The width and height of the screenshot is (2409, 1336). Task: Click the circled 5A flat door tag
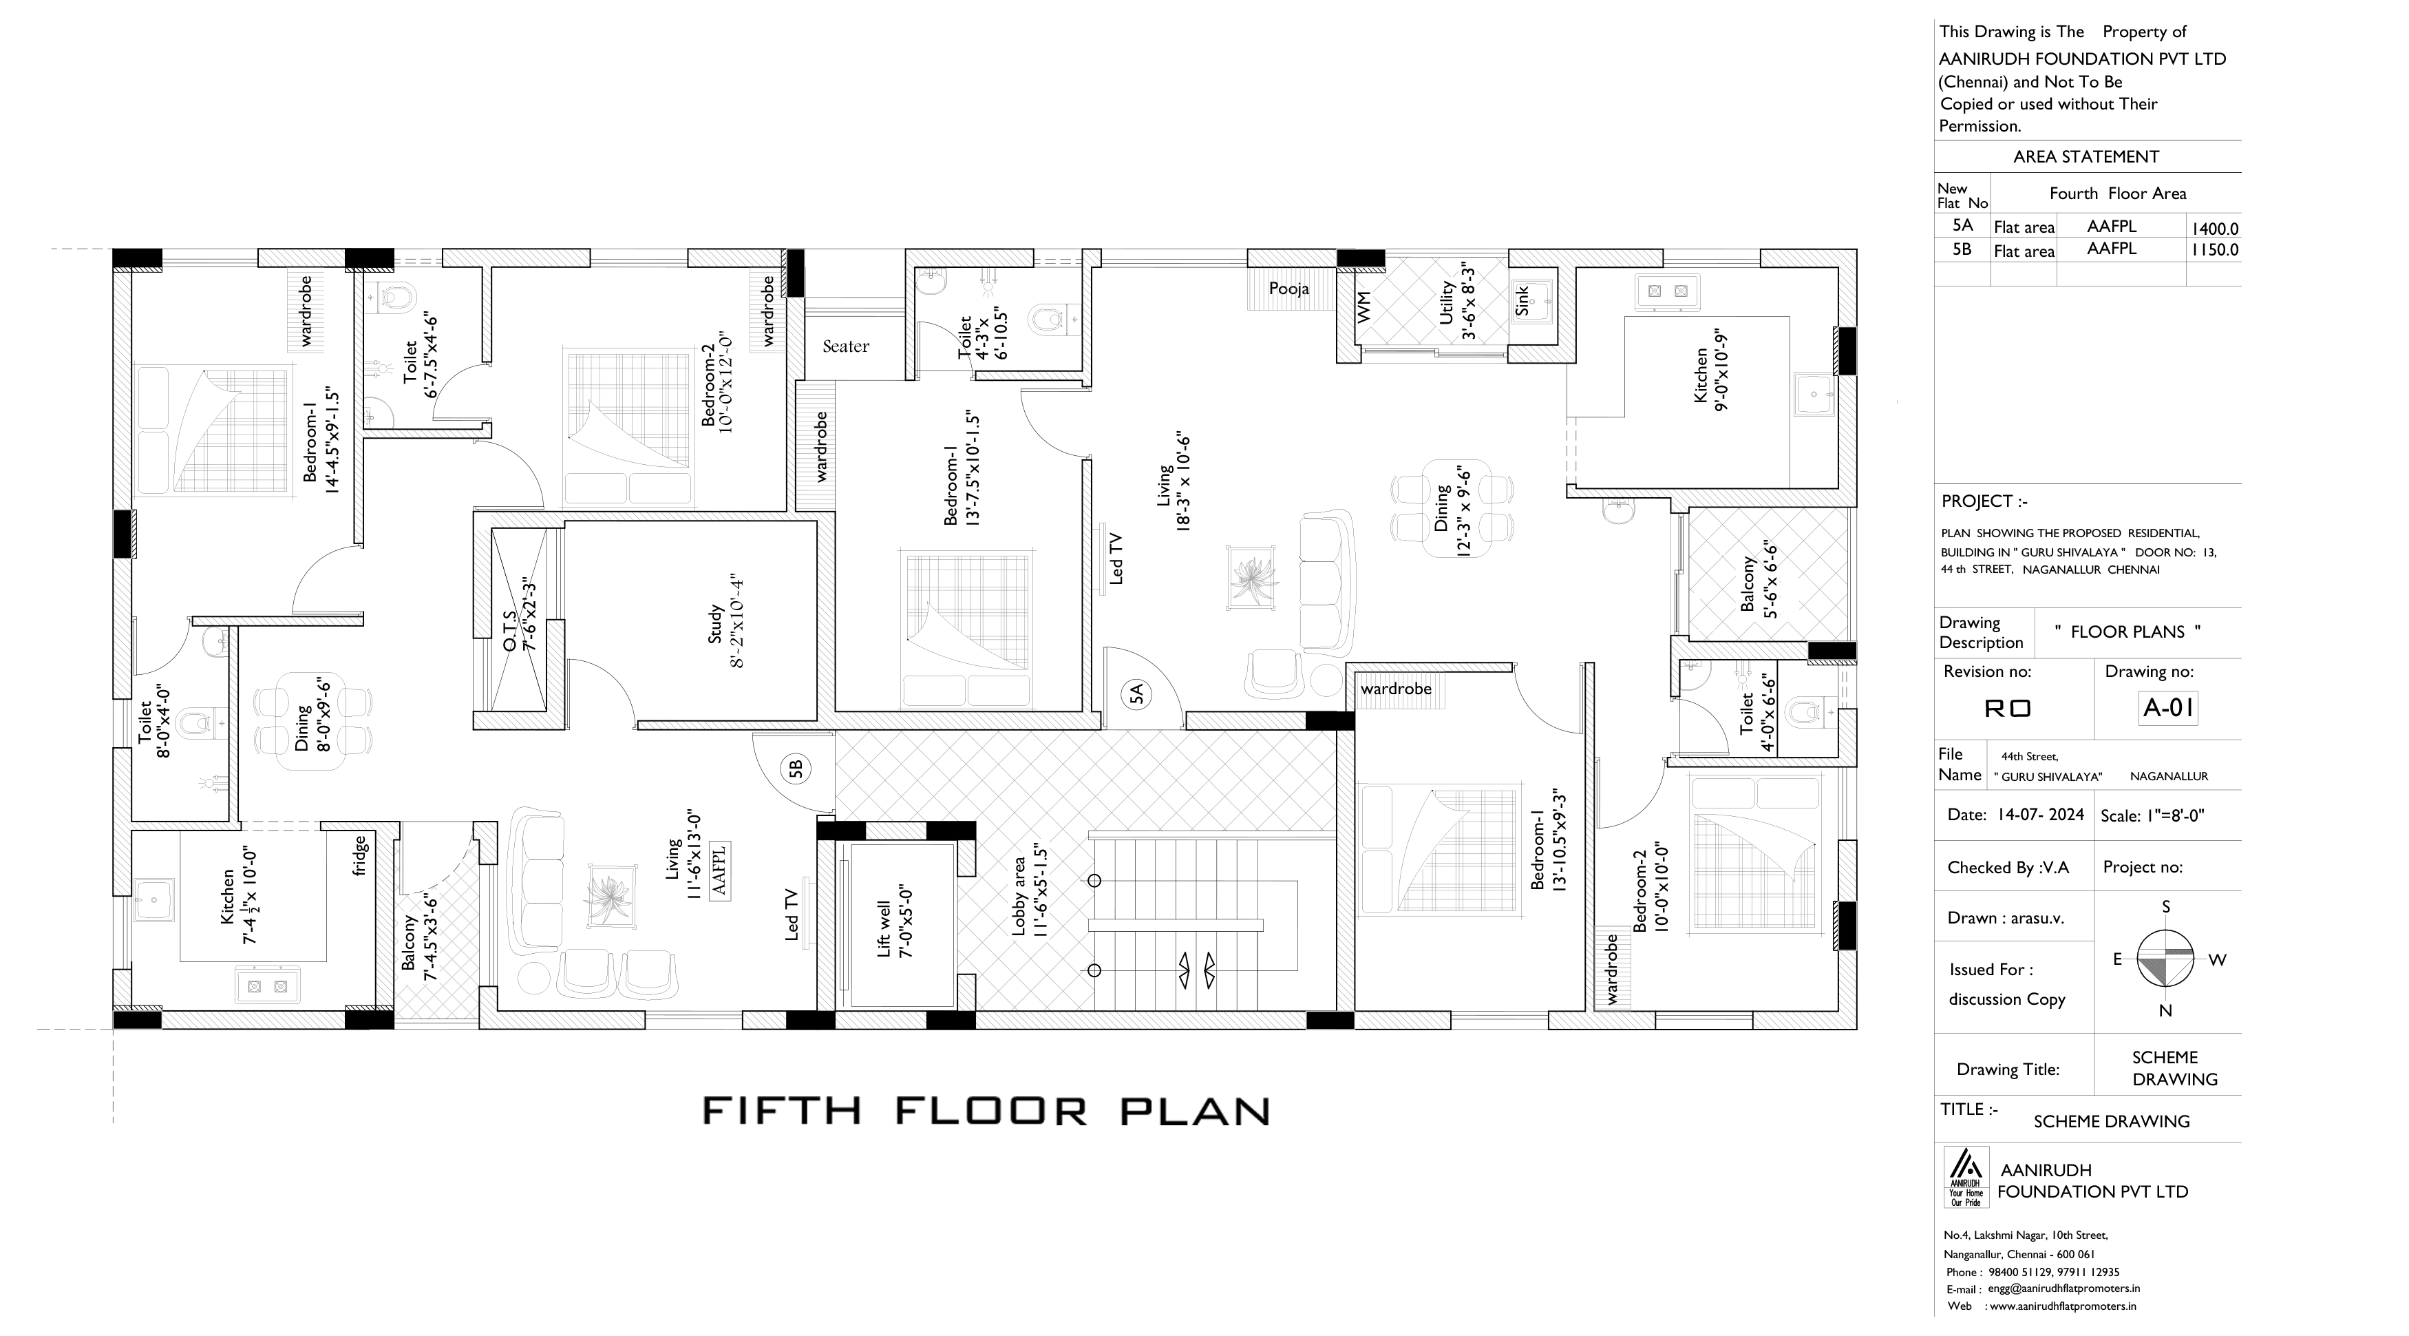(1136, 694)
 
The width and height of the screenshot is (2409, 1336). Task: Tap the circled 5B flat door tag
(796, 769)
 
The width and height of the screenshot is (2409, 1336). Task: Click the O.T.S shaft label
(519, 618)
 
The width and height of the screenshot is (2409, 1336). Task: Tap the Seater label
(845, 346)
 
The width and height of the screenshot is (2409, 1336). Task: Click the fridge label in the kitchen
(360, 856)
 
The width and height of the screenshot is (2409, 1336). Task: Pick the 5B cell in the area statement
(1962, 250)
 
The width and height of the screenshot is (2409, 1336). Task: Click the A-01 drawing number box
(2167, 708)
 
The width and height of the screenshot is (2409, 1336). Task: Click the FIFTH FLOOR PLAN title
(986, 1111)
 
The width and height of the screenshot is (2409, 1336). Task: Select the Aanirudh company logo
(1966, 1177)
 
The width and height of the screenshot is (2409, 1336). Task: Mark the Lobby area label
(1029, 896)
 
